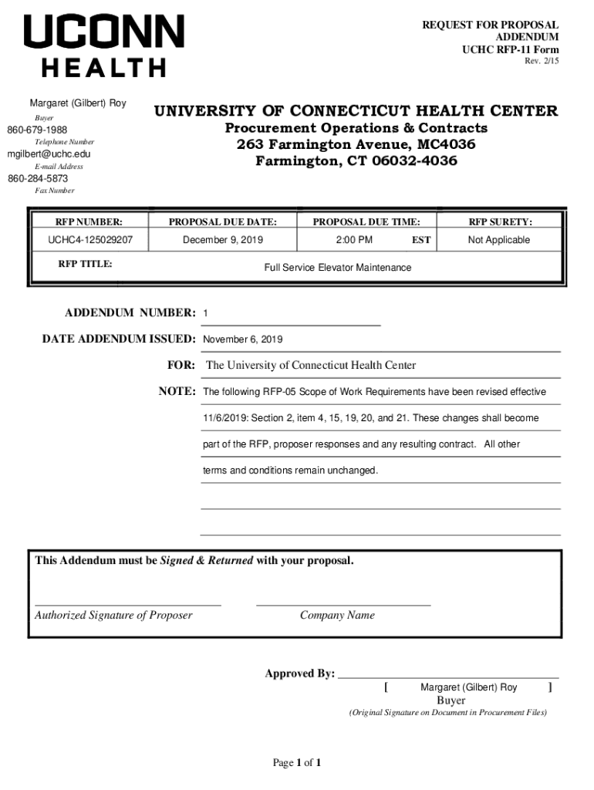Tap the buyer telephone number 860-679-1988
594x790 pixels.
point(37,130)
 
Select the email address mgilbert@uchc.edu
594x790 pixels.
point(49,154)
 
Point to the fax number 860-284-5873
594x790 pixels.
point(38,178)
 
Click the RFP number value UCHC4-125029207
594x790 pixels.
point(90,240)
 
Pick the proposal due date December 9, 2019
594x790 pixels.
point(222,240)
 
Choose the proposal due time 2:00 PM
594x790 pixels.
point(354,240)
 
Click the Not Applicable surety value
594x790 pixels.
point(499,240)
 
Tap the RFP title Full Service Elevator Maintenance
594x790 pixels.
point(338,268)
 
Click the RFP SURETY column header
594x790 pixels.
point(500,222)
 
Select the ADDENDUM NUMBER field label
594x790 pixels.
point(130,312)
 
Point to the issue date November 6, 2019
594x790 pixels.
point(243,339)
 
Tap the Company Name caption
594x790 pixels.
point(337,615)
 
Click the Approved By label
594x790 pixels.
point(299,674)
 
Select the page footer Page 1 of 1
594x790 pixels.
point(297,763)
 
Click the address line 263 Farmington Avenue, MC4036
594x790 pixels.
point(356,144)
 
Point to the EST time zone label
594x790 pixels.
point(421,241)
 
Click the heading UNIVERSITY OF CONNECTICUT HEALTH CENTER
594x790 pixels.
point(356,111)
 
